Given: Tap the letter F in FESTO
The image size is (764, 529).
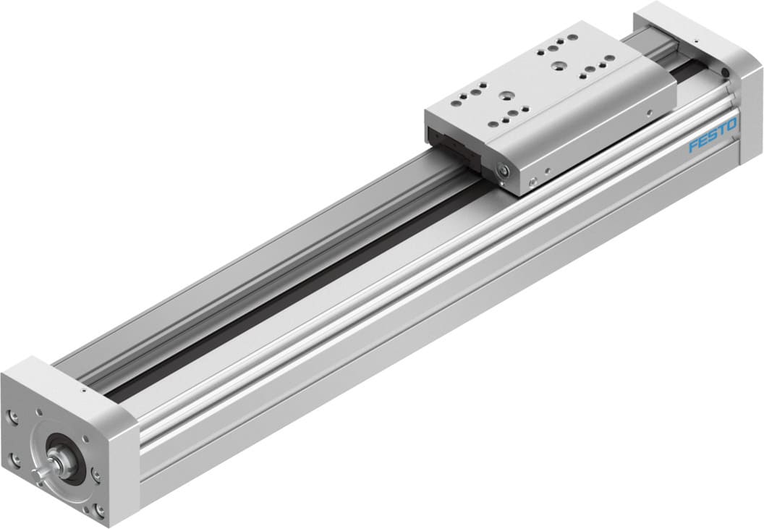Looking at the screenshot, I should pos(693,147).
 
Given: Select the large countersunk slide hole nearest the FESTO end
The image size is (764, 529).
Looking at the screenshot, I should pos(559,66).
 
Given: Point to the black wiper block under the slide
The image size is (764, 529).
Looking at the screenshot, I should pos(452,148).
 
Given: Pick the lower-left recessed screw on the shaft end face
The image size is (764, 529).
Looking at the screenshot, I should pos(15,457).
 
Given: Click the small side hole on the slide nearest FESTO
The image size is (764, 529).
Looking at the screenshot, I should pos(650,111).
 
